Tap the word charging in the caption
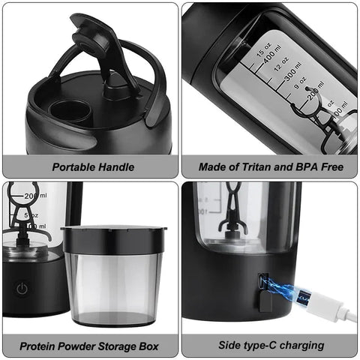(x=299, y=346)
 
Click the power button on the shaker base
(x=22, y=288)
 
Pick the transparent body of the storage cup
(x=112, y=285)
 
